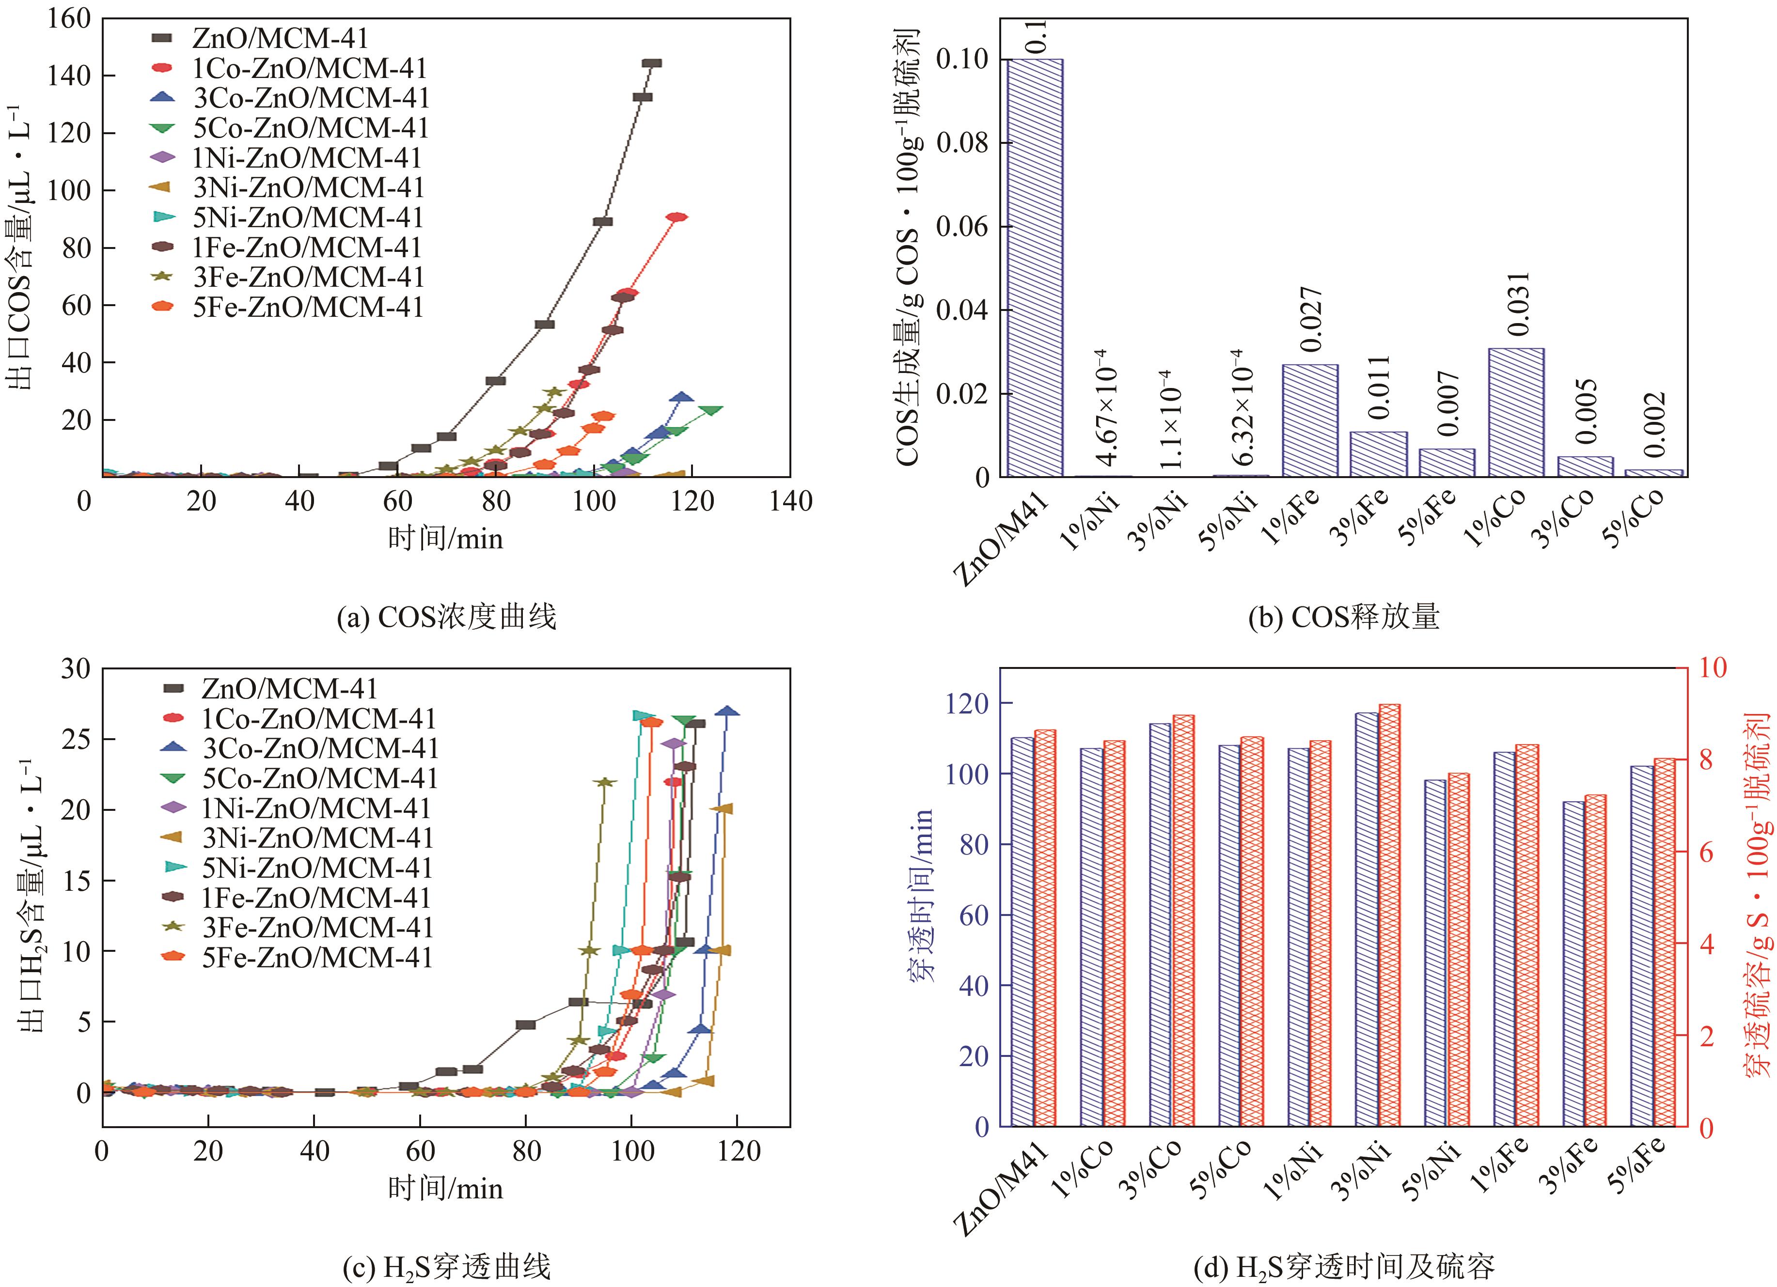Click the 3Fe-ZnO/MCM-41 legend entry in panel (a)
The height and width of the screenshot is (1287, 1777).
tap(308, 277)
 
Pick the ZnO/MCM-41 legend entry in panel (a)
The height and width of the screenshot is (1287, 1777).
tap(280, 38)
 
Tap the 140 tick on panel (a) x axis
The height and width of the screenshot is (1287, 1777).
tap(790, 501)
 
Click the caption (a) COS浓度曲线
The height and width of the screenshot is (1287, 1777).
tap(446, 617)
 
